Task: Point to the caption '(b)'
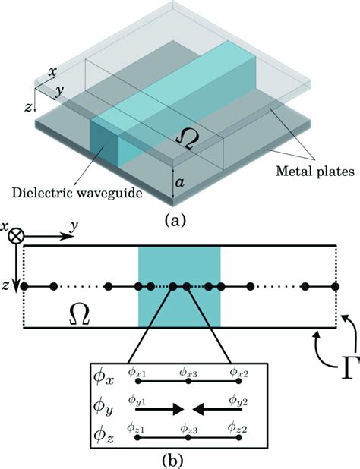pos(179,458)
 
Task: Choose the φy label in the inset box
pos(106,408)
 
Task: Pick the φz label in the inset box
pos(106,438)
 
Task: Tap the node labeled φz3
pos(185,438)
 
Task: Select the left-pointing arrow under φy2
pos(216,409)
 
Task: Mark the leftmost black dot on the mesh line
pos(24,287)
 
